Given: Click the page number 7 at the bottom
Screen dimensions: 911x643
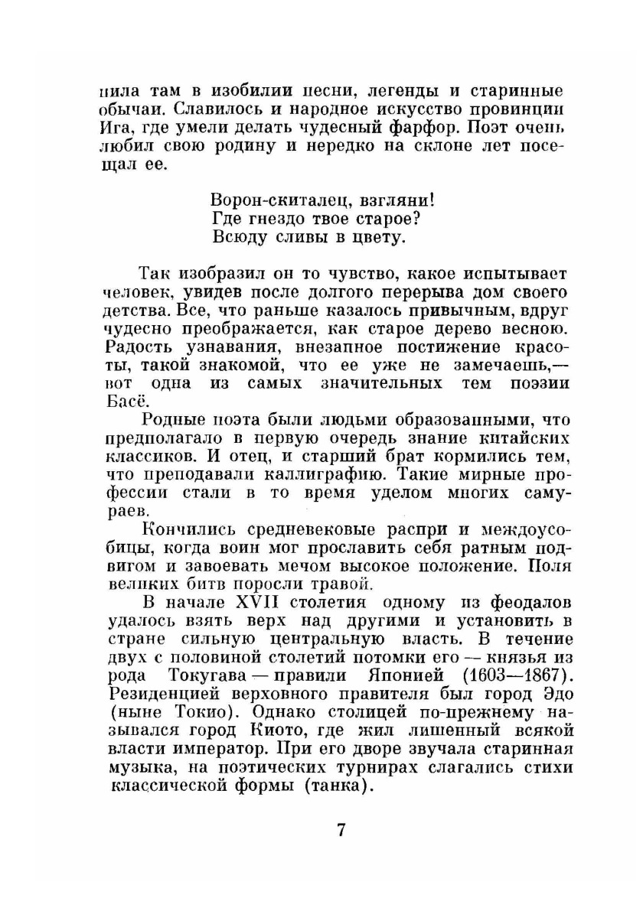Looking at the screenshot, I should [x=341, y=830].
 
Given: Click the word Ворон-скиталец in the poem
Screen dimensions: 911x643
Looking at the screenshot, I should [x=263, y=201].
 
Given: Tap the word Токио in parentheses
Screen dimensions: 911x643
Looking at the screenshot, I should [x=183, y=714].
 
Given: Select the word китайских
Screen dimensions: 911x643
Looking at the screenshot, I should [x=530, y=438].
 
